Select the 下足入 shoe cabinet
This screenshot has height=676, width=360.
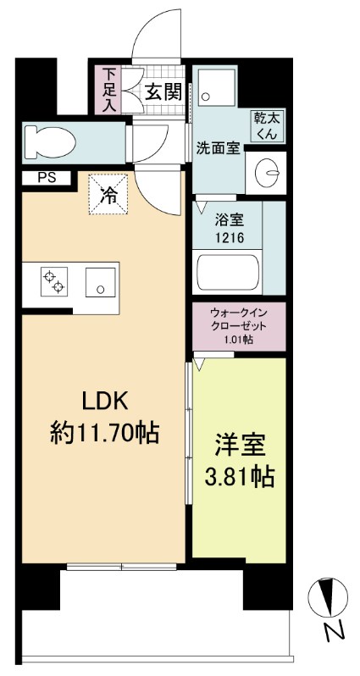coord(108,90)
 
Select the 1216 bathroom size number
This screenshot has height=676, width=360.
coord(228,238)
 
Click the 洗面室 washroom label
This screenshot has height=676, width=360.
coord(218,147)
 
